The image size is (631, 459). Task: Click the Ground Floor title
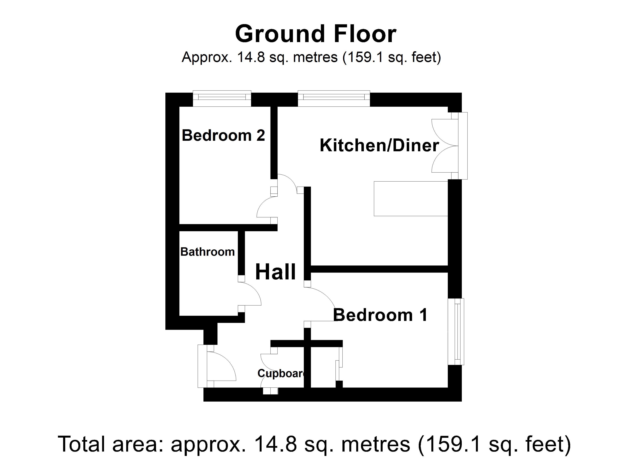point(315,34)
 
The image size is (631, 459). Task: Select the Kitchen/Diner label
point(379,145)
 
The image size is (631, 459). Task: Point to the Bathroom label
point(207,252)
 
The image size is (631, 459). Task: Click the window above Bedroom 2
point(222,98)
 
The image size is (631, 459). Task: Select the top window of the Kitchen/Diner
point(334,98)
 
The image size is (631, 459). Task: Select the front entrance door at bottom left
point(217,366)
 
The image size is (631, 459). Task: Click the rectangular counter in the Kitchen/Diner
point(411,199)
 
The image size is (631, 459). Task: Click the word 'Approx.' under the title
point(207,57)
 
